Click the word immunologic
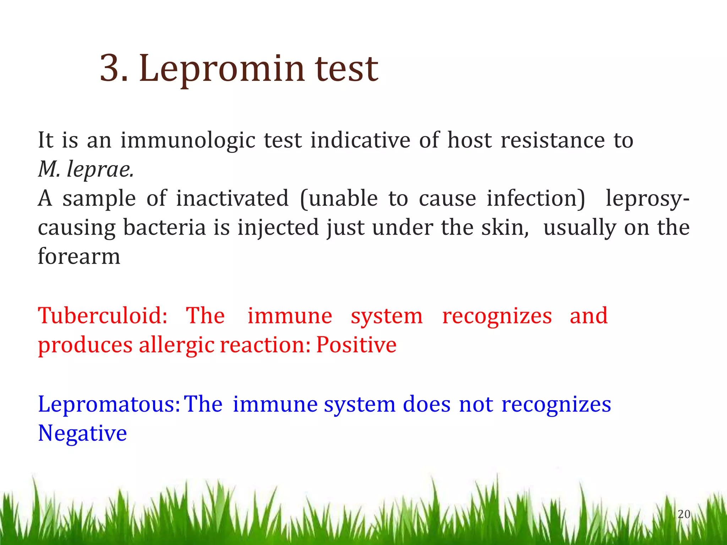[x=188, y=141]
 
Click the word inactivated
[x=233, y=198]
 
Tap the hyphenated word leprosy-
[x=647, y=199]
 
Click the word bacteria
[x=164, y=227]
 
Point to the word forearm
[x=79, y=256]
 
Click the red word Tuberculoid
[x=102, y=315]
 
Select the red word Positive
[x=356, y=345]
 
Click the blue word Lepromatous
[x=109, y=404]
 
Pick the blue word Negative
[x=82, y=433]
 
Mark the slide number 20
[x=684, y=514]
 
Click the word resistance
[x=553, y=141]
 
